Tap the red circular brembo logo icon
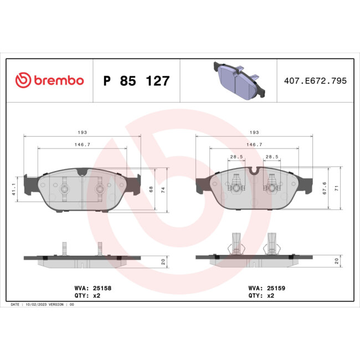[22, 81]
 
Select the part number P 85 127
[136, 81]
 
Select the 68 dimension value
[151, 188]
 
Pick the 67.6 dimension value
[324, 188]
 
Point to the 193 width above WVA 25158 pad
[83, 132]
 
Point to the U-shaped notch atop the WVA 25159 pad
[254, 171]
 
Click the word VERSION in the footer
[58, 305]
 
